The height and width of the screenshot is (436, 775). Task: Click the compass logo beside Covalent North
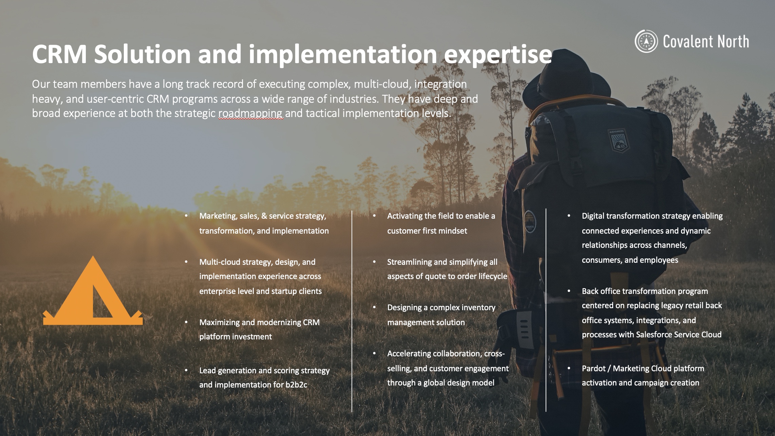pos(646,41)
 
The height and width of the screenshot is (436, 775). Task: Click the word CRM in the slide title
pos(59,54)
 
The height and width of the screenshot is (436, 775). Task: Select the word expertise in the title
pos(498,55)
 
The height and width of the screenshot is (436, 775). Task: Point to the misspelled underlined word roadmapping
pos(250,113)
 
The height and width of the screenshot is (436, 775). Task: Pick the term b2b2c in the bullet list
pos(296,385)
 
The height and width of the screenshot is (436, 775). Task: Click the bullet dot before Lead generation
pos(186,370)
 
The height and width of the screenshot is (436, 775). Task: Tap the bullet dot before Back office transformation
pos(569,291)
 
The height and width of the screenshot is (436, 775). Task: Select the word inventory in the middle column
pos(479,308)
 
